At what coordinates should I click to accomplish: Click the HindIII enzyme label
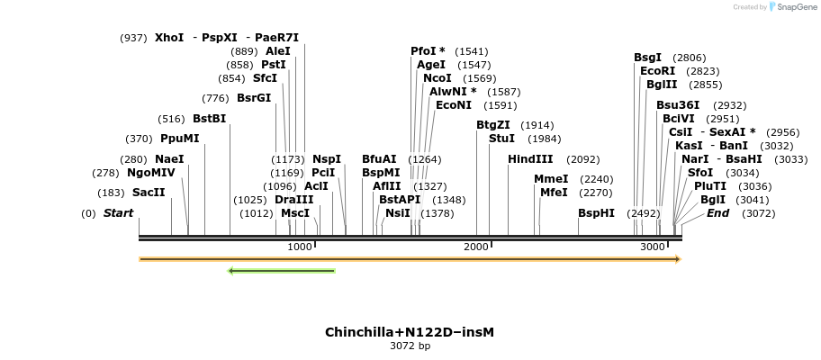[x=530, y=159]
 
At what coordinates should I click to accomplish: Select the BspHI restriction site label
[x=596, y=213]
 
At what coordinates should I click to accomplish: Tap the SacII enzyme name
[x=149, y=193]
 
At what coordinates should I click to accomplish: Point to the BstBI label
[x=209, y=118]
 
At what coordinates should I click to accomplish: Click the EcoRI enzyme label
[x=657, y=71]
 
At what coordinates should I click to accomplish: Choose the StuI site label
[x=501, y=139]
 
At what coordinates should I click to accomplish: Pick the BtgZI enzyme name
[x=493, y=125]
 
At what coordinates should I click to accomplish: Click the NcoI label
[x=438, y=78]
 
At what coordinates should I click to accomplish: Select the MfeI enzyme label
[x=554, y=192]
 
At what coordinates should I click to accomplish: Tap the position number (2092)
[x=582, y=159]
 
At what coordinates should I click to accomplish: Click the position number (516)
[x=171, y=119]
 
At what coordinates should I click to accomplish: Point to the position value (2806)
[x=690, y=58]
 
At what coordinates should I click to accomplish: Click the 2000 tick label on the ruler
[x=476, y=247]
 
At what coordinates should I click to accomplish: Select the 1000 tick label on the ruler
[x=300, y=247]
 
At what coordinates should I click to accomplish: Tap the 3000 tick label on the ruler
[x=653, y=247]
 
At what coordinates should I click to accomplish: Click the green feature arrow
[x=282, y=270]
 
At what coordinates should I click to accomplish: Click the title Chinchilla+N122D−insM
[x=410, y=332]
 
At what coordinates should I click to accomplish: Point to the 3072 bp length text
[x=410, y=346]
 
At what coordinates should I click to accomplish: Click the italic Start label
[x=118, y=213]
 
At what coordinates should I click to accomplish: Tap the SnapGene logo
[x=789, y=7]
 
